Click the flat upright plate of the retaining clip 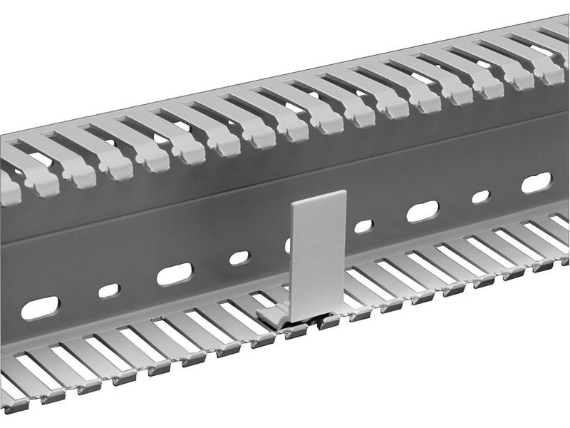[318, 253]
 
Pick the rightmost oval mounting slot [536, 183]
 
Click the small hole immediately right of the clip [363, 226]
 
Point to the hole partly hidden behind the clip [288, 245]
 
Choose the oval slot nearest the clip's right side [422, 211]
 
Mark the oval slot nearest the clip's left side [175, 274]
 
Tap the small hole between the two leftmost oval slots [109, 290]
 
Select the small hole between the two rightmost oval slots [481, 196]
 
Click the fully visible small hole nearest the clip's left [239, 258]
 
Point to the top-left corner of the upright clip [293, 203]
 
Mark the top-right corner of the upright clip [346, 191]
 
